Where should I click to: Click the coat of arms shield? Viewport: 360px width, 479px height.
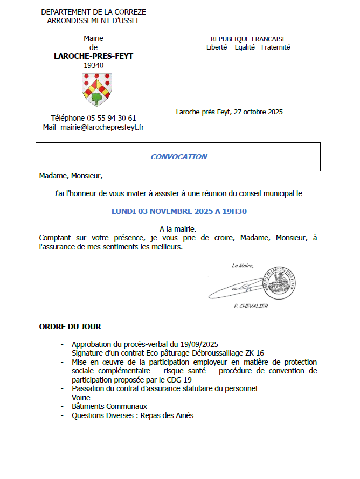(x=97, y=89)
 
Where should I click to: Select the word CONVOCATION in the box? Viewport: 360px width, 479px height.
(x=178, y=157)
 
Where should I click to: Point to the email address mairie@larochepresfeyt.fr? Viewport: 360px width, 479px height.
(x=102, y=128)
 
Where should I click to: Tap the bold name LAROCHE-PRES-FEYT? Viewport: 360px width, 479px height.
(x=93, y=56)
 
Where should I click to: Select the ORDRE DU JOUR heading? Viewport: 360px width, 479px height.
(x=70, y=327)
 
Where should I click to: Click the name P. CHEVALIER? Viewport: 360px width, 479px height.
(x=251, y=306)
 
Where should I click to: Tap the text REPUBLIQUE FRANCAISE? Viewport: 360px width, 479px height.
(x=248, y=39)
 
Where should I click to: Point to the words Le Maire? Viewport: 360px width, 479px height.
(x=243, y=266)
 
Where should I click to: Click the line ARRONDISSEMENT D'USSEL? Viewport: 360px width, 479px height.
(x=93, y=20)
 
